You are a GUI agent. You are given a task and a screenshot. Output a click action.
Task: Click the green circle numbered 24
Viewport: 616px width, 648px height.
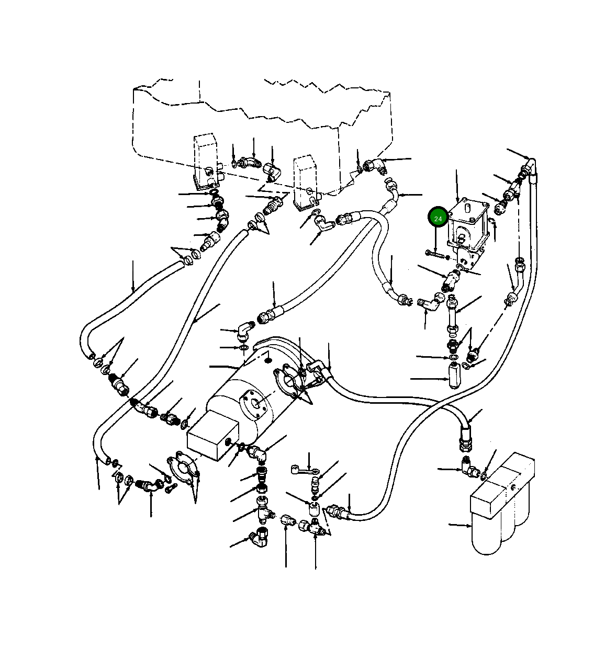tap(438, 219)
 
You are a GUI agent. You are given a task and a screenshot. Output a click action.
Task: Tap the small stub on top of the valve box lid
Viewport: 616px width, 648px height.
tap(469, 208)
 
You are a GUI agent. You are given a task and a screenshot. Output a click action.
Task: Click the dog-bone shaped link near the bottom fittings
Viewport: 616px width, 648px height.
tap(302, 470)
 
